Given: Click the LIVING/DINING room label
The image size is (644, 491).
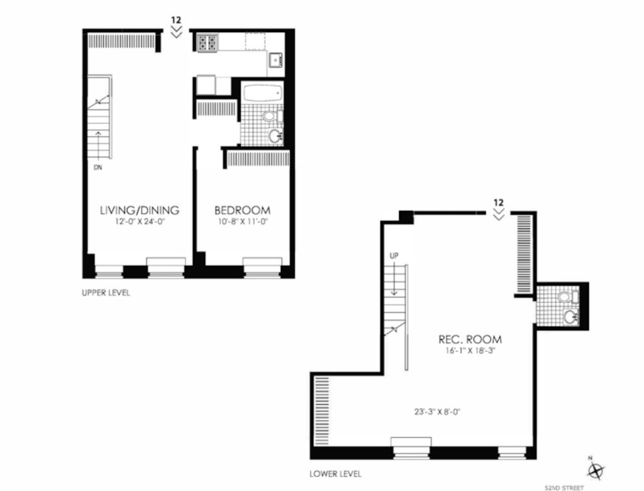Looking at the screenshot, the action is (140, 210).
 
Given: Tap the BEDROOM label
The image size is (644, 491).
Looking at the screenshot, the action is (242, 211).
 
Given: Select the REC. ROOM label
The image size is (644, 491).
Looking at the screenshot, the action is (470, 339).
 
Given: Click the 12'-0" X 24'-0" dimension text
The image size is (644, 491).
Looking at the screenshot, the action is (140, 222).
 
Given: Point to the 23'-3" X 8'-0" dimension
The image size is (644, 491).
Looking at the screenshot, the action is (437, 411).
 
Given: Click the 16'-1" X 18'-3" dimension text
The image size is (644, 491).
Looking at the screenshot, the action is (470, 351).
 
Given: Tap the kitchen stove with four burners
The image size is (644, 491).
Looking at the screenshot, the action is (207, 43).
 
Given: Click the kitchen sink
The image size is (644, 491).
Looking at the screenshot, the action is (275, 60).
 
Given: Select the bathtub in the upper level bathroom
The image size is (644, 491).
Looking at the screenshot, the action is (262, 93).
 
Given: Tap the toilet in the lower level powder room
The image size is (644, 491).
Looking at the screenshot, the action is (569, 296).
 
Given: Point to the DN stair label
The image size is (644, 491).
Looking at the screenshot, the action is (97, 167).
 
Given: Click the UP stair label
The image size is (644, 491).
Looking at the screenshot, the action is (394, 256).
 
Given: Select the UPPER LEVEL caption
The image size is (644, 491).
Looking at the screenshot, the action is (106, 293).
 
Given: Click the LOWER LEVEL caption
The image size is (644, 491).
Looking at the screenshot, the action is (336, 474).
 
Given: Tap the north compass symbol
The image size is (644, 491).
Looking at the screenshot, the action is (596, 469).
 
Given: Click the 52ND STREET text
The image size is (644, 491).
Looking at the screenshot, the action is (564, 488).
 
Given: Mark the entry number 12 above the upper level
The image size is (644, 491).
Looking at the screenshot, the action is (177, 20).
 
